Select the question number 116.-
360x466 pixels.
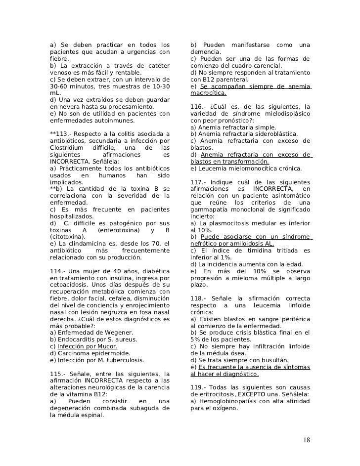click(x=199, y=106)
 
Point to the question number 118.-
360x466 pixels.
click(x=199, y=298)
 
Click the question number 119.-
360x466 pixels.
click(x=199, y=387)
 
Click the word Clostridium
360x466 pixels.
click(x=67, y=148)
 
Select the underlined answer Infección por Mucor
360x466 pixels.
click(x=87, y=347)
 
